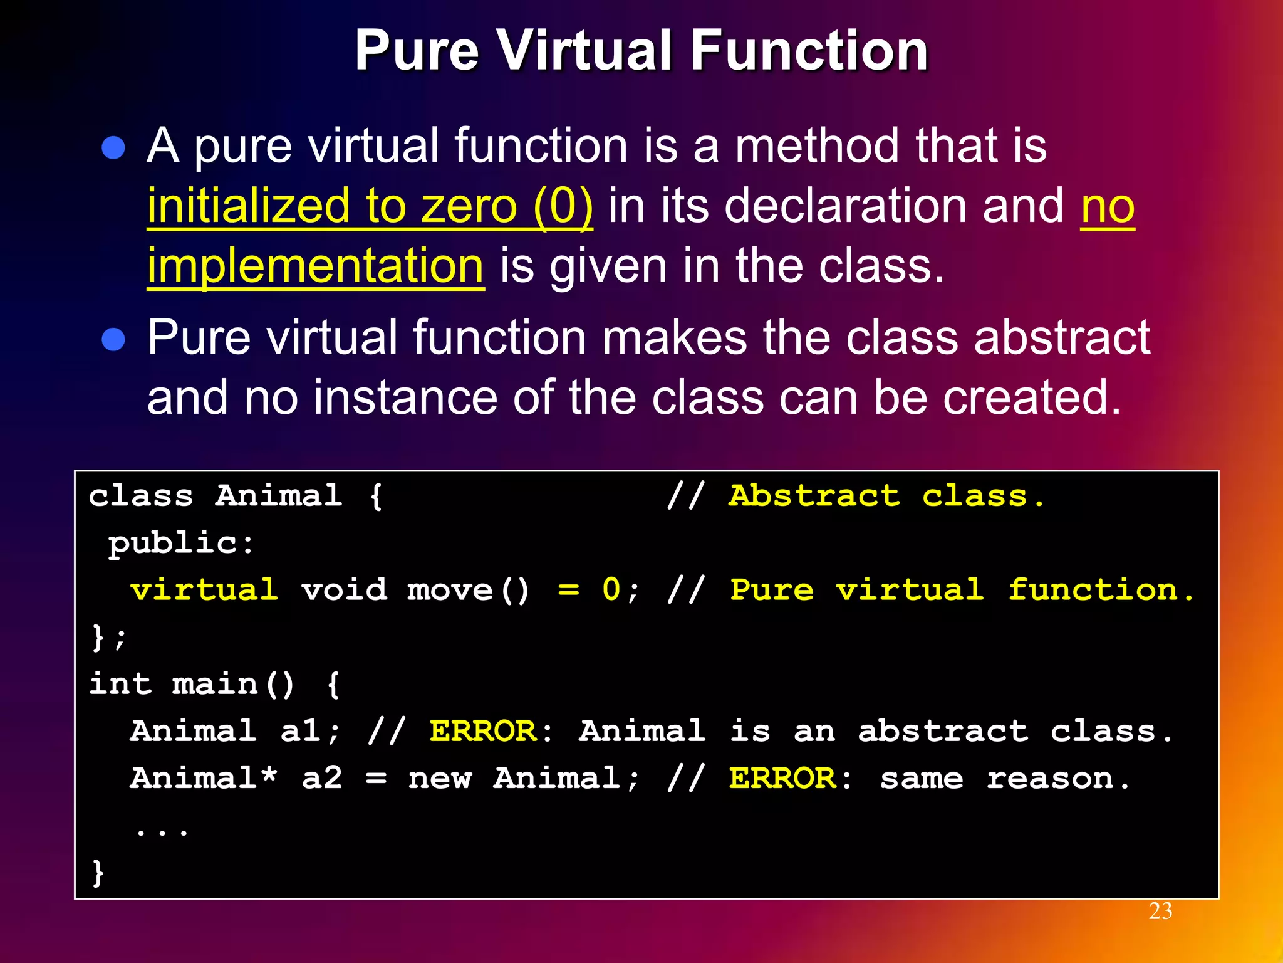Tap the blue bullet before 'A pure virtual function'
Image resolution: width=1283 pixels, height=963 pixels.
click(113, 149)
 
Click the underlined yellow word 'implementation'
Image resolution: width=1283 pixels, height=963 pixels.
click(315, 266)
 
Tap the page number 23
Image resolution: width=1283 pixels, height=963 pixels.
click(1160, 911)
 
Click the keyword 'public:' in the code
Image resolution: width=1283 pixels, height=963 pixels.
click(181, 543)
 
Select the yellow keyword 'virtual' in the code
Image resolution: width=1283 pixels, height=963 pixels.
click(204, 590)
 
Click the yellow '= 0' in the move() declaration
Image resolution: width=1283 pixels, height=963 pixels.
click(588, 590)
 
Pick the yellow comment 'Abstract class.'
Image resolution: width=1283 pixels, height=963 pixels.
click(886, 496)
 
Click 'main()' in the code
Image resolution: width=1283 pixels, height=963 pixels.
click(233, 684)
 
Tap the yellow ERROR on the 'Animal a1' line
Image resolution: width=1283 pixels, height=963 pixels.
click(482, 731)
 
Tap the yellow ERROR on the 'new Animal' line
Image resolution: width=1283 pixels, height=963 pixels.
click(782, 778)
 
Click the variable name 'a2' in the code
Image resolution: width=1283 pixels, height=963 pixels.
click(322, 778)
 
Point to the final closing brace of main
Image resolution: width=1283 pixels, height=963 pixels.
click(98, 872)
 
